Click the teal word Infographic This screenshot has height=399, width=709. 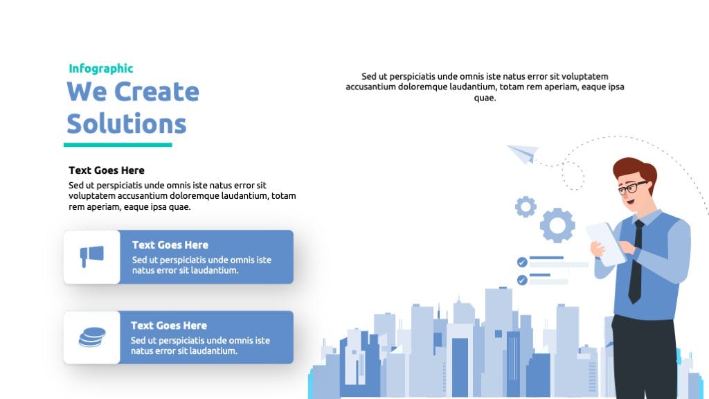(101, 69)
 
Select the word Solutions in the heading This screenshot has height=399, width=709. (127, 123)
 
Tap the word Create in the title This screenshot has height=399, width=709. (156, 92)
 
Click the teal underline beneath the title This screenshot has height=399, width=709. (118, 145)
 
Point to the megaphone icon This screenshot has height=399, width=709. (92, 256)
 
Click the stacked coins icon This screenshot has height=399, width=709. (92, 337)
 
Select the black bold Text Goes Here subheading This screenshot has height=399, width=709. (107, 170)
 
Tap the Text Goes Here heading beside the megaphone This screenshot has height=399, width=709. (170, 245)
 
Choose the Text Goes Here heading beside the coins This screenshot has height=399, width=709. (169, 326)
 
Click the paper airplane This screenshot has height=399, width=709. (523, 153)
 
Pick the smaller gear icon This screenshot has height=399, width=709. (526, 207)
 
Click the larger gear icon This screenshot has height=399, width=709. (557, 225)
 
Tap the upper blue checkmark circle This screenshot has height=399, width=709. (522, 263)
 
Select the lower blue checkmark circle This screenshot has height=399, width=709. (522, 281)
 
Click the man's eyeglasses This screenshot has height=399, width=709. (631, 187)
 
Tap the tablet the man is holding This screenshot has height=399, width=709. (606, 244)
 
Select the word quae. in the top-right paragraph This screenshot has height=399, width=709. (485, 98)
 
